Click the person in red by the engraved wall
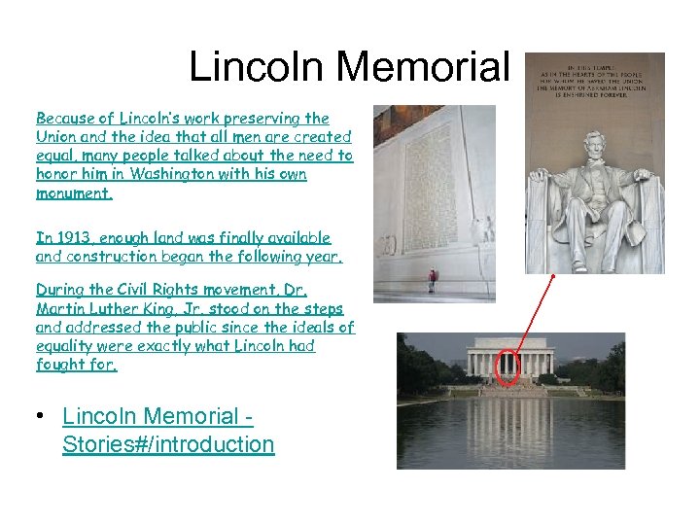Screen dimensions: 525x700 433,281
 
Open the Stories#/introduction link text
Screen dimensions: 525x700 168,444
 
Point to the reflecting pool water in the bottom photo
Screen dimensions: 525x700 510,433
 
